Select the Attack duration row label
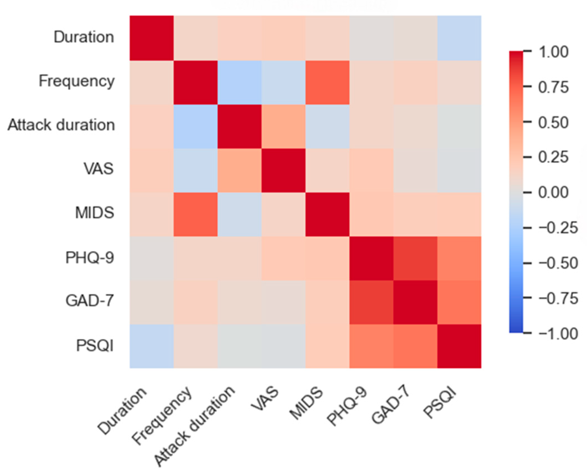[61, 125]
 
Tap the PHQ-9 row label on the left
[89, 258]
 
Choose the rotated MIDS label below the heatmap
[306, 404]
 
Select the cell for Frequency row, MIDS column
[327, 83]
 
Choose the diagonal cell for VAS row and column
[283, 171]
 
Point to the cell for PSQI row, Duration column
[152, 346]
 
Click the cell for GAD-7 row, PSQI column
[459, 302]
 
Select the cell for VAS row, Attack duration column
[240, 171]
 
